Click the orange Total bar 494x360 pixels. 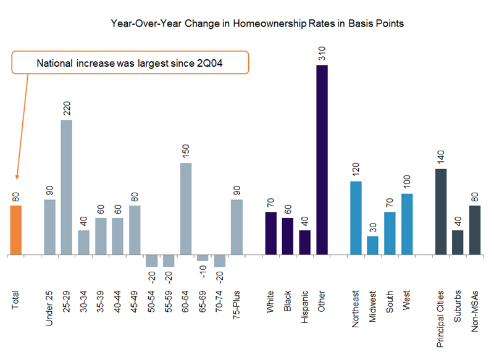(x=16, y=230)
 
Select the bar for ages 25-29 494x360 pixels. (x=67, y=187)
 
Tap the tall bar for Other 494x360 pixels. (x=322, y=159)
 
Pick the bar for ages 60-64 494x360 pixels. (x=185, y=209)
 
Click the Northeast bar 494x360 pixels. (x=356, y=217)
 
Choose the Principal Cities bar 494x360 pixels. (x=441, y=211)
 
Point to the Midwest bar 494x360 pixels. (x=372, y=245)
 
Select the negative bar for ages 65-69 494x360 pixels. (x=203, y=257)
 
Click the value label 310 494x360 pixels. (x=322, y=54)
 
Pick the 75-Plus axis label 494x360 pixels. (x=237, y=312)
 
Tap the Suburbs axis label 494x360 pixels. (x=458, y=312)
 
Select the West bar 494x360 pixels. (x=406, y=224)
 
